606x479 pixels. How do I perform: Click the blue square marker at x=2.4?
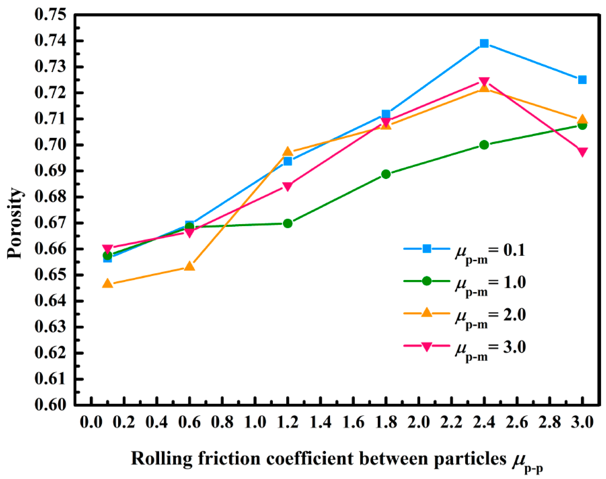pyautogui.click(x=484, y=43)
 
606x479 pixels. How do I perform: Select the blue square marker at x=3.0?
pyautogui.click(x=582, y=80)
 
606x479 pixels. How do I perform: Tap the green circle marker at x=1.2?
pyautogui.click(x=288, y=223)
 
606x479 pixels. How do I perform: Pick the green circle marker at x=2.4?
pyautogui.click(x=484, y=145)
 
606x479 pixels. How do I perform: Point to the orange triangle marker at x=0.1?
pyautogui.click(x=108, y=283)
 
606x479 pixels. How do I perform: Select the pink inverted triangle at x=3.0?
pyautogui.click(x=582, y=152)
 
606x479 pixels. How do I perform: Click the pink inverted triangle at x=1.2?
pyautogui.click(x=288, y=186)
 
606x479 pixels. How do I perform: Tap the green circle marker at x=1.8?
pyautogui.click(x=386, y=174)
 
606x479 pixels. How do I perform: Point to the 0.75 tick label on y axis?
pyautogui.click(x=51, y=15)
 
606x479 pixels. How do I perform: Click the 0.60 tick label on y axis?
pyautogui.click(x=51, y=405)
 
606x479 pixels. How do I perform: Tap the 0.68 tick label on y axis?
pyautogui.click(x=51, y=197)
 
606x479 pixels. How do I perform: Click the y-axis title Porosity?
pyautogui.click(x=15, y=223)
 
